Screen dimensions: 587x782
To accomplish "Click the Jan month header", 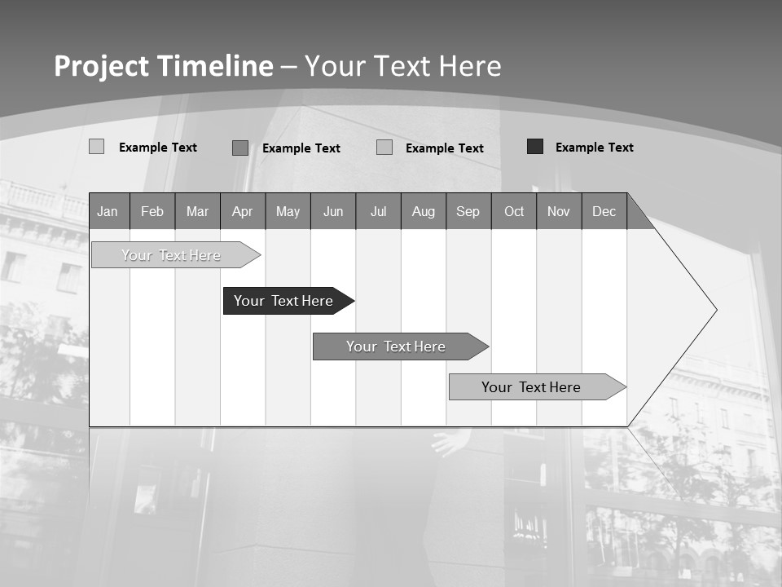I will [x=108, y=211].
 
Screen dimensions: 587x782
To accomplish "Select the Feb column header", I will [x=152, y=211].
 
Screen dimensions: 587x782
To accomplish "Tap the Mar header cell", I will [x=197, y=211].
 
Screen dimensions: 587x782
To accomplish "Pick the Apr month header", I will [x=243, y=211].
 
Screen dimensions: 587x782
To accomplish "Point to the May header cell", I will [x=288, y=211].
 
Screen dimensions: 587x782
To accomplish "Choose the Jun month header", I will [x=333, y=211].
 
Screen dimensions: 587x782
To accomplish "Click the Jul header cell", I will [x=378, y=211].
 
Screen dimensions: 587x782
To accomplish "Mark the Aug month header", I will [x=424, y=211].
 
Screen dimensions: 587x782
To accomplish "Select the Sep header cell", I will [x=468, y=211].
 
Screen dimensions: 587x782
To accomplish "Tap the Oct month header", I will [x=514, y=211].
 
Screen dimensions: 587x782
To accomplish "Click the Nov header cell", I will [x=559, y=211].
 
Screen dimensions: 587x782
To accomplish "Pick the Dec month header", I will [x=604, y=211].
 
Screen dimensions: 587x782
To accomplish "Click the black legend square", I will [x=535, y=147].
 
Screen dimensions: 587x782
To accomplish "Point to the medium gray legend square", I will [x=240, y=148].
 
